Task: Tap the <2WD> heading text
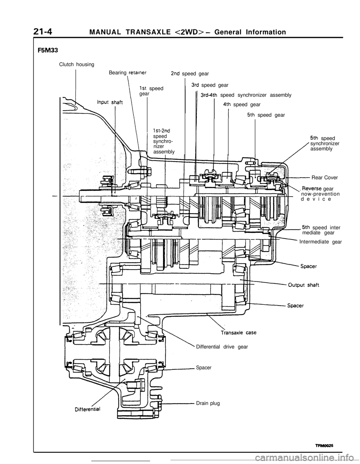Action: pyautogui.click(x=189, y=33)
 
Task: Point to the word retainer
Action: pyautogui.click(x=134, y=73)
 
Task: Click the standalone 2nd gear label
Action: pyautogui.click(x=175, y=74)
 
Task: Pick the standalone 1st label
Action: pyautogui.click(x=142, y=88)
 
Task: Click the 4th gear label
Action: pyautogui.click(x=227, y=104)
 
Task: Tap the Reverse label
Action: pyautogui.click(x=312, y=188)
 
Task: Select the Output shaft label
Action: pyautogui.click(x=303, y=285)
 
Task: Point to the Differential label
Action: pyautogui.click(x=86, y=408)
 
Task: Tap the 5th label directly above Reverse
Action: pyautogui.click(x=314, y=138)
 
